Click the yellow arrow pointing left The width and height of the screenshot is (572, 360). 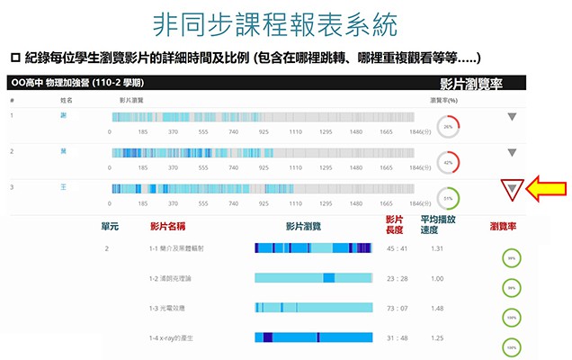pos(545,190)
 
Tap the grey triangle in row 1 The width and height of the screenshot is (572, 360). pos(512,116)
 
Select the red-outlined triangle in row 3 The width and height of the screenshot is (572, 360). pos(512,189)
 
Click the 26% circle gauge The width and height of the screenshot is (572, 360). pos(447,126)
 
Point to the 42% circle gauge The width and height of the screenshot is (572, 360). pos(447,162)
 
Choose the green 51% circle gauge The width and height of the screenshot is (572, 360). pos(447,197)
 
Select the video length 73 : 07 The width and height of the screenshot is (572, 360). pos(397,308)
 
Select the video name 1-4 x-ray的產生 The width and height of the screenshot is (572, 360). pos(172,337)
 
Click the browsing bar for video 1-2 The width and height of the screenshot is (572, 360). pos(313,278)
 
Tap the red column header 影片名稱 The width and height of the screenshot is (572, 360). pos(169,226)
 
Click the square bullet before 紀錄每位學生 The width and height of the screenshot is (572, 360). pos(14,57)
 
